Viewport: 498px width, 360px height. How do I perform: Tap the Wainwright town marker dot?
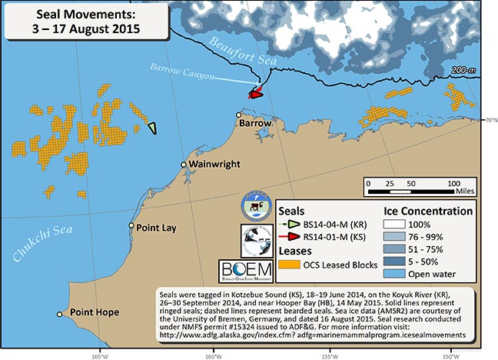[184, 165]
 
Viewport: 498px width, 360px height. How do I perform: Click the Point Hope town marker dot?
[59, 314]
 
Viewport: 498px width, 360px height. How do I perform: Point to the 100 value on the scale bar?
[453, 184]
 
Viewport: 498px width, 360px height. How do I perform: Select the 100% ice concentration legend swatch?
[401, 223]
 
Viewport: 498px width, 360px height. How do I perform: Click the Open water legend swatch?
[401, 273]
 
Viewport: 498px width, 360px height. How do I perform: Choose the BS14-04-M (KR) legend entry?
[334, 224]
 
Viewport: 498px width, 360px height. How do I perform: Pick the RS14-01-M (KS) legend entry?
[334, 237]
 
